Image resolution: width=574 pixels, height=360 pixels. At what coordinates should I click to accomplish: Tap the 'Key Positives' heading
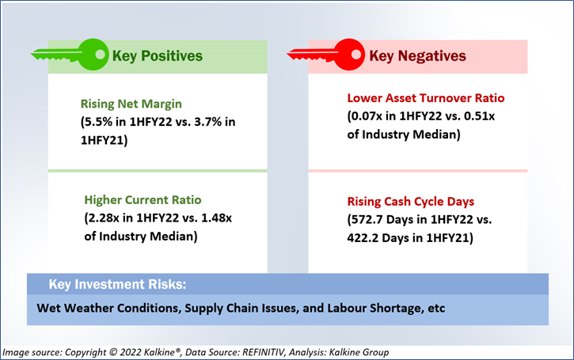[158, 56]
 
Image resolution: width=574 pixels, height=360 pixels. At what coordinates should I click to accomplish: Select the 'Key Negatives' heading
[418, 56]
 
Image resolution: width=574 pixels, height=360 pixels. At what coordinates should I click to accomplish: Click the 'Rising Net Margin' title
[131, 104]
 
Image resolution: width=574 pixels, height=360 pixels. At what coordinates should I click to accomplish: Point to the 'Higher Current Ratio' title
[143, 199]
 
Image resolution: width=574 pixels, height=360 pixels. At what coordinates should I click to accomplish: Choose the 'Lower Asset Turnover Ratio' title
[426, 98]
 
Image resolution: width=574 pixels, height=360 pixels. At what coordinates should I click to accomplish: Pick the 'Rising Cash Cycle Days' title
[411, 202]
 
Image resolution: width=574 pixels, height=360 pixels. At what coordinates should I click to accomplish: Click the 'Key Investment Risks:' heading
[117, 285]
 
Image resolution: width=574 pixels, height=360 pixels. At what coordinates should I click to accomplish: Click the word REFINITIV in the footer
[263, 352]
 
